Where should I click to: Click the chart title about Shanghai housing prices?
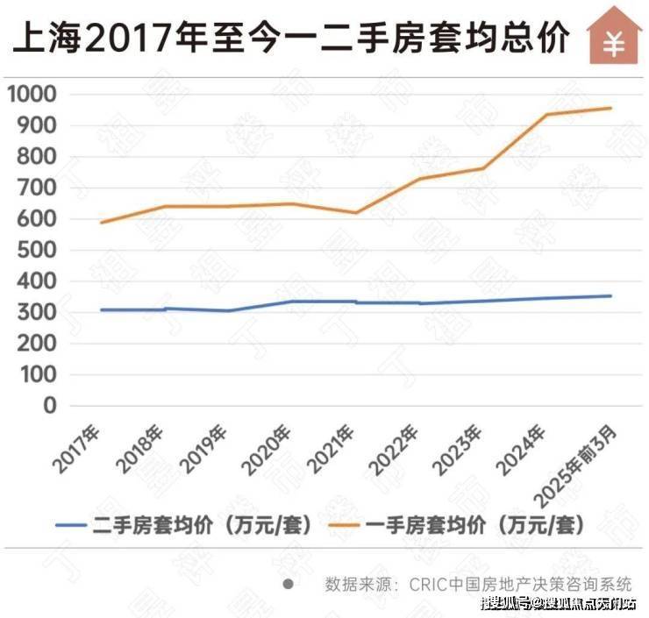tap(289, 38)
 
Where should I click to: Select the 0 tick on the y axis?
tap(50, 406)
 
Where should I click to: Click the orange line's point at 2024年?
tap(548, 115)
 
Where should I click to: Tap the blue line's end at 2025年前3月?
tap(611, 295)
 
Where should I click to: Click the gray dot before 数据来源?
tap(288, 583)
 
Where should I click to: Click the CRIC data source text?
tap(478, 584)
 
